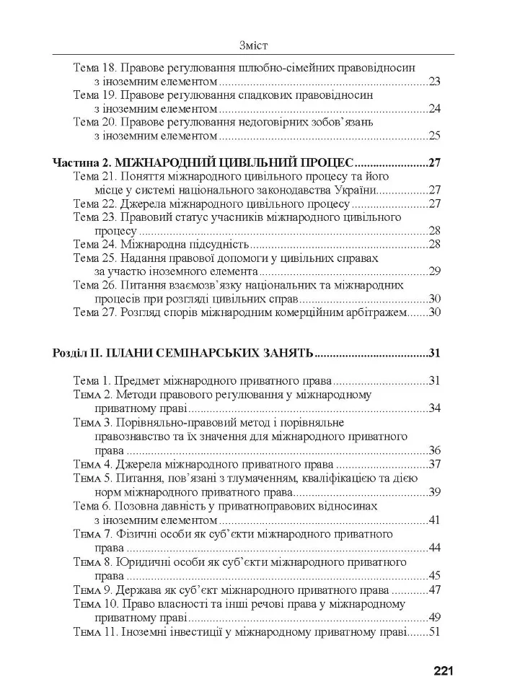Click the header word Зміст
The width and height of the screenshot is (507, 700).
tap(252, 45)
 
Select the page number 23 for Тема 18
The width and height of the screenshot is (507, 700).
tap(434, 81)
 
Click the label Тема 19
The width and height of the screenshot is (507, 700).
tap(94, 95)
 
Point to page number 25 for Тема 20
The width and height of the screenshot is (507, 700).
tap(434, 135)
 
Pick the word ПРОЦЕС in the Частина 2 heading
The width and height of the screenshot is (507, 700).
tap(330, 162)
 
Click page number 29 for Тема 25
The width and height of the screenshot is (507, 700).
tap(434, 271)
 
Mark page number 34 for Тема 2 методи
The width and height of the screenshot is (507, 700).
tap(434, 408)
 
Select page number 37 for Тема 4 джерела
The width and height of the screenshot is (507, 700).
tap(434, 463)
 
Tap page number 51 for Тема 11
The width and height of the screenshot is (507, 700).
tap(434, 631)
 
